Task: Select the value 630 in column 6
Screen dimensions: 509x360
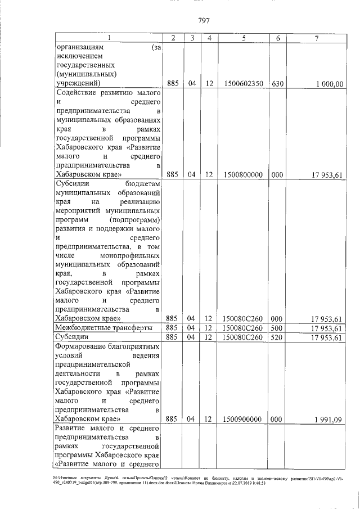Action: [x=276, y=84]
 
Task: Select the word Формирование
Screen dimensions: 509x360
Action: [x=82, y=347]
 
